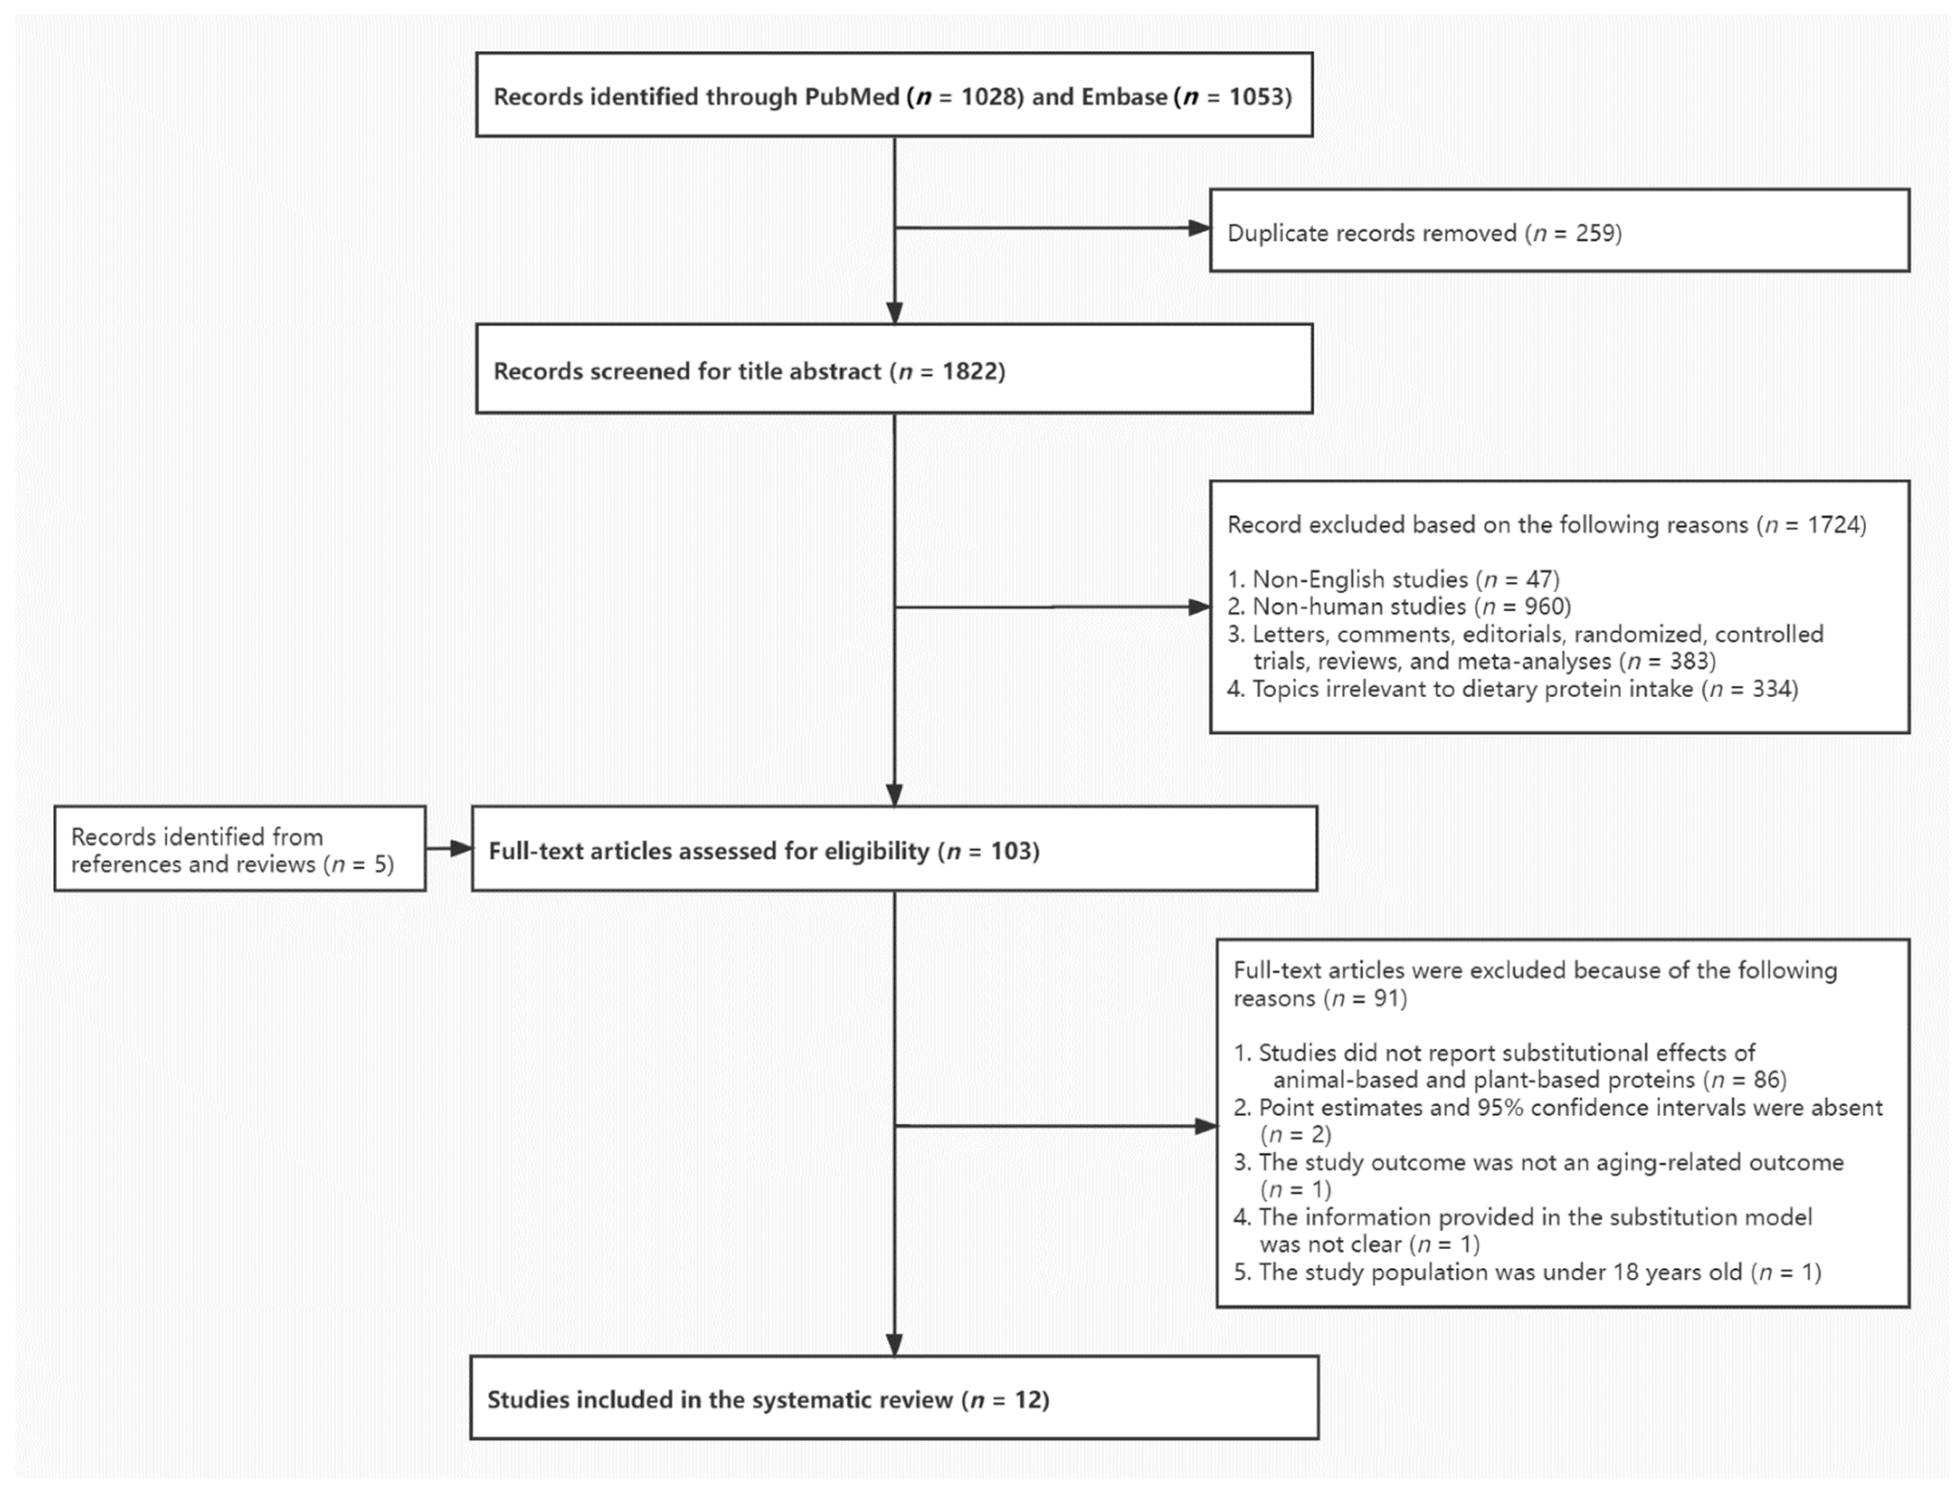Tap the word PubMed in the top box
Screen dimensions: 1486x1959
click(x=851, y=96)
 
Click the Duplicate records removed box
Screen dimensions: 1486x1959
click(x=1559, y=230)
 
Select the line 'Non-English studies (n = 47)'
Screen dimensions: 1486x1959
click(x=1393, y=580)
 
